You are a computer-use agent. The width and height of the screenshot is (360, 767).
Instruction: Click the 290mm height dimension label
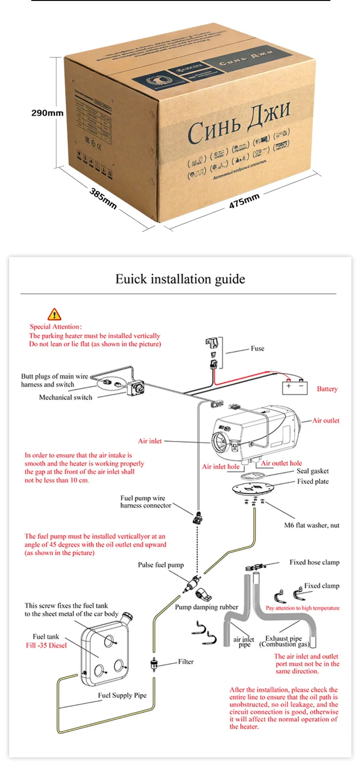(x=47, y=113)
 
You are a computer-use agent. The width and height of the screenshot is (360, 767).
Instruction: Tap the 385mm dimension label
(x=103, y=198)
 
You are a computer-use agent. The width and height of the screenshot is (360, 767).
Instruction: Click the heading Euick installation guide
(x=180, y=279)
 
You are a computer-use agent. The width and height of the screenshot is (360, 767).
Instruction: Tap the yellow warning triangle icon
(x=54, y=315)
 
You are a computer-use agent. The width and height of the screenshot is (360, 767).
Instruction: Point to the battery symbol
(x=295, y=387)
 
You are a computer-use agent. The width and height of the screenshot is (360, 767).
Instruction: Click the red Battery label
(x=327, y=389)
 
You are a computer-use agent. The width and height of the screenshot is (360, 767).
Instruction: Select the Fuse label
(x=257, y=349)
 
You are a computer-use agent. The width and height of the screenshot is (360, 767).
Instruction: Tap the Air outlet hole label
(x=281, y=463)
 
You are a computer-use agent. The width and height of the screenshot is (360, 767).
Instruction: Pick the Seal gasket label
(x=312, y=471)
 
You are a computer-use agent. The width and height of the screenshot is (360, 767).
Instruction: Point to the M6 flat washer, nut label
(x=312, y=525)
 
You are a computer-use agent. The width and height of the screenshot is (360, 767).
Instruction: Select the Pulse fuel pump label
(x=161, y=565)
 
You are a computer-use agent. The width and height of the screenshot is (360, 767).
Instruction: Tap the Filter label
(x=186, y=662)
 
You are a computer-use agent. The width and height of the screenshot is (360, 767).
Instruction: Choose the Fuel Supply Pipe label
(x=122, y=695)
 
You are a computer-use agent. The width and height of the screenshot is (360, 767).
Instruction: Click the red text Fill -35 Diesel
(x=46, y=645)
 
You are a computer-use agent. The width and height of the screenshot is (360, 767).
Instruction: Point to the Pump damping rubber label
(x=206, y=607)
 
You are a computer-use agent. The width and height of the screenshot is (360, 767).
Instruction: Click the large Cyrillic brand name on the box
(x=239, y=124)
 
